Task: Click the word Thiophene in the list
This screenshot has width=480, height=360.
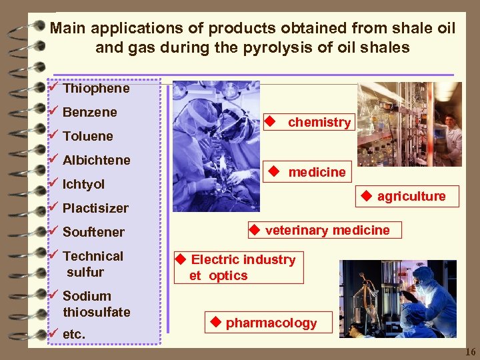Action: coord(96,88)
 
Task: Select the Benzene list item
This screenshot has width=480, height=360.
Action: coord(89,112)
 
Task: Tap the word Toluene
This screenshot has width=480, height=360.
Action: coord(87,136)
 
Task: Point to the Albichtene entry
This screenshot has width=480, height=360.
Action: coord(96,160)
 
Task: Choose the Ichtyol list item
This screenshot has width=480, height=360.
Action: coord(83,184)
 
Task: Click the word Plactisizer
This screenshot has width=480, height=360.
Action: coord(95,208)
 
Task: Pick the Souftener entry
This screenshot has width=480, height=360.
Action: coord(93,232)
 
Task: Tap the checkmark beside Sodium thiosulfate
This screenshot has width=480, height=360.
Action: coord(54,295)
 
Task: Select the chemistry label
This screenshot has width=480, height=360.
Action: coord(319,123)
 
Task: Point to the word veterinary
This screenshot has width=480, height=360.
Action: coord(297,231)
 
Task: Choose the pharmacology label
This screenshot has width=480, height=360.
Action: coord(271,323)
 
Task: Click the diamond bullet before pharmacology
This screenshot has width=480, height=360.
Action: coord(215,323)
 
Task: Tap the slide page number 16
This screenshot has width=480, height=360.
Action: coord(470,351)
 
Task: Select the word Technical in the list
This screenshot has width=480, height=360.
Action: coord(93,256)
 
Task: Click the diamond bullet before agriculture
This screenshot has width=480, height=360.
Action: coord(366,196)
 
